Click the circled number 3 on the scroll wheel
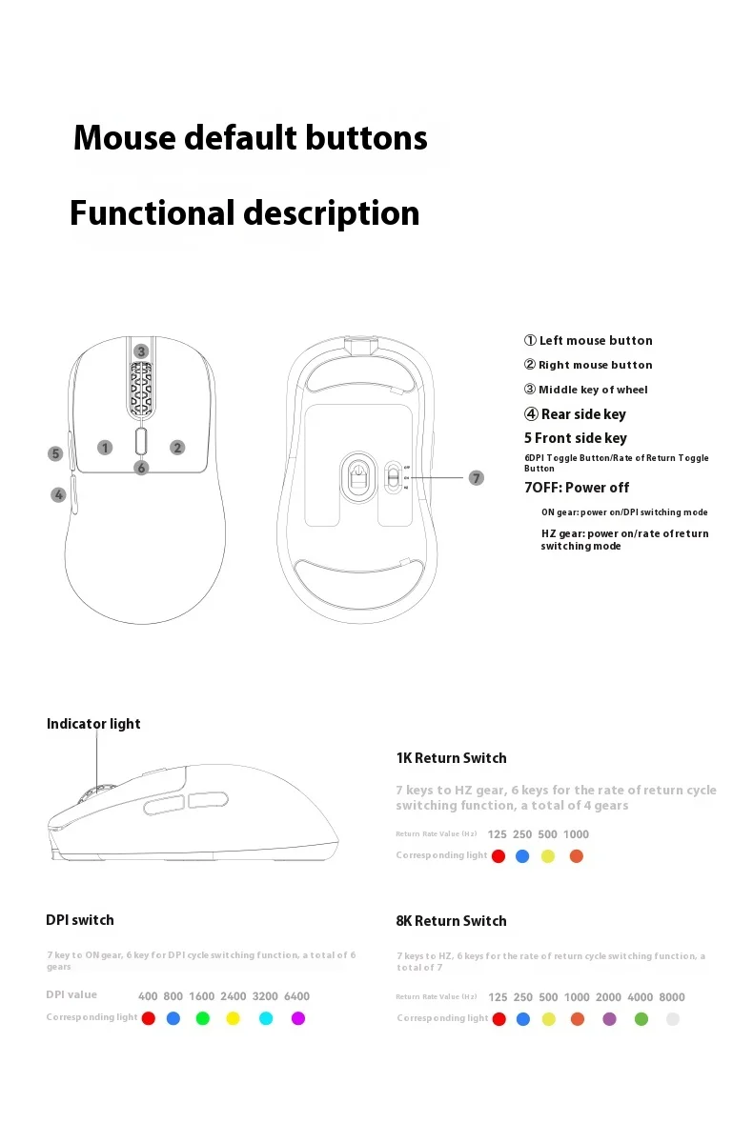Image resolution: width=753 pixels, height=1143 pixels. (141, 351)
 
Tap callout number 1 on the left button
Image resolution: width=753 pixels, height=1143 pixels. (105, 447)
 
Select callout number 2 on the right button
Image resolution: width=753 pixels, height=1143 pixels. (177, 447)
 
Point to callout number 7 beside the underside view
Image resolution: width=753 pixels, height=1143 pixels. (477, 478)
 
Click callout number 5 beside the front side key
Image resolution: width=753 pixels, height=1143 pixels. (56, 454)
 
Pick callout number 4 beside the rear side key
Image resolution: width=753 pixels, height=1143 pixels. (58, 494)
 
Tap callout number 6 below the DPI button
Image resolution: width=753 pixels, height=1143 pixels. (141, 468)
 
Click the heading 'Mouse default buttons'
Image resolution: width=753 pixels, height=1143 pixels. (250, 138)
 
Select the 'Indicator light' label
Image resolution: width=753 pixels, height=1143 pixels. (93, 724)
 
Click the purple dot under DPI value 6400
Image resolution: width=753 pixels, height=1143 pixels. (297, 1018)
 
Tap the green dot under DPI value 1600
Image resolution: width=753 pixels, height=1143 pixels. (202, 1018)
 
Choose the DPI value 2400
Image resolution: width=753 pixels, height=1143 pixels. (234, 996)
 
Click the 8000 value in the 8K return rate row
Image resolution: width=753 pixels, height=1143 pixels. (672, 997)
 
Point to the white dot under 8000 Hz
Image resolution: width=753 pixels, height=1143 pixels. (673, 1018)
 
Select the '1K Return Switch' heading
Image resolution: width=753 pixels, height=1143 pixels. (451, 758)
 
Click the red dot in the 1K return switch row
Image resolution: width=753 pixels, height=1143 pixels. (498, 856)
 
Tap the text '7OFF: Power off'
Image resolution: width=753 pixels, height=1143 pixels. (577, 488)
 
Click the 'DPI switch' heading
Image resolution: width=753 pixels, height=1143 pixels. (80, 920)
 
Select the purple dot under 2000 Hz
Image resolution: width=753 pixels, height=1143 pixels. (609, 1018)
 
